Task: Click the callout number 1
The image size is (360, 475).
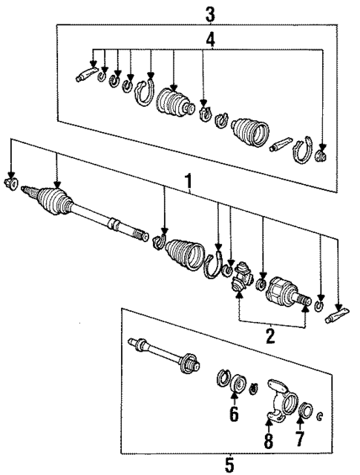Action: pyautogui.click(x=189, y=180)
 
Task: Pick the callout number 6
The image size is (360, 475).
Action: pyautogui.click(x=234, y=413)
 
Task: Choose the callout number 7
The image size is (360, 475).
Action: pyautogui.click(x=299, y=438)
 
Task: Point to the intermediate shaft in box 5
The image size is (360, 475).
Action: pyautogui.click(x=163, y=356)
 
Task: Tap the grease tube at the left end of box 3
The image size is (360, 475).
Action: pyautogui.click(x=85, y=74)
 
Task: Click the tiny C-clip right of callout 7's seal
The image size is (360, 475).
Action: pyautogui.click(x=320, y=414)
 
